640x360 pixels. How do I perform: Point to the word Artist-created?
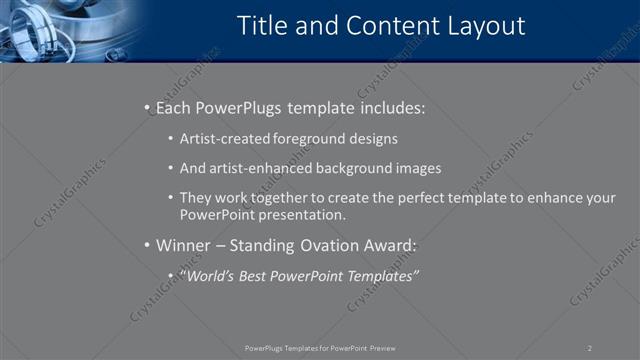point(224,140)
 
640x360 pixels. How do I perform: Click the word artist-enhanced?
point(265,168)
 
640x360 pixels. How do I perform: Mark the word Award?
point(388,245)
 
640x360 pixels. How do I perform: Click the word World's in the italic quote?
point(213,276)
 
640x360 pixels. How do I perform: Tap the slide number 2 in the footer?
point(589,348)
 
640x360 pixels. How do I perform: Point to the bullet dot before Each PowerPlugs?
point(146,107)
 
